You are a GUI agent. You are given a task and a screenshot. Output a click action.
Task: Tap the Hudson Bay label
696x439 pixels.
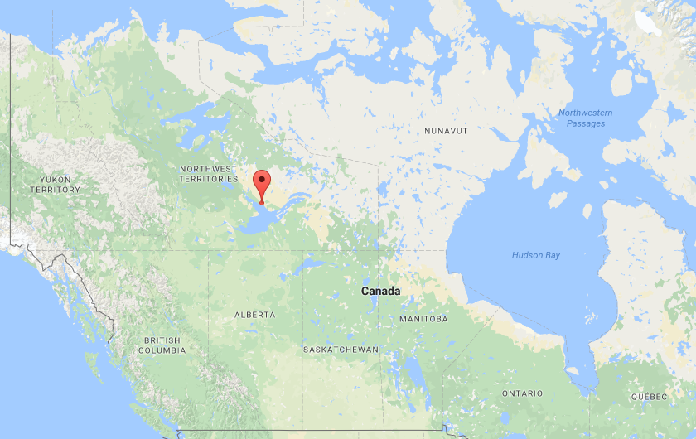point(535,255)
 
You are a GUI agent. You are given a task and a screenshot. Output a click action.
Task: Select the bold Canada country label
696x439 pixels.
point(380,292)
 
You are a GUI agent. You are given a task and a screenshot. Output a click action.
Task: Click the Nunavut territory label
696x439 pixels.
point(446,132)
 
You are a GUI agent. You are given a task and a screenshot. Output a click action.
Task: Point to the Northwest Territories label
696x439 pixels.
point(209,174)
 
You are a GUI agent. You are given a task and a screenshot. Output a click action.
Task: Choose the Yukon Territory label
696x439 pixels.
point(56,185)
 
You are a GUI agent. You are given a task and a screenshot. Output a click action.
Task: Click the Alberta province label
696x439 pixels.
point(254,316)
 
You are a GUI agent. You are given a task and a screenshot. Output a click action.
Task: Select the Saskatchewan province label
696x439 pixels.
point(341,350)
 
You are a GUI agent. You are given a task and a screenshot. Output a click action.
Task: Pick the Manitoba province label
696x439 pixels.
point(423,319)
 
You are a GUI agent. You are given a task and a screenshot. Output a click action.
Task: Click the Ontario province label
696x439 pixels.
point(522,393)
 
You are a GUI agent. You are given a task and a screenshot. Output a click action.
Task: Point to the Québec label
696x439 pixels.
point(648,397)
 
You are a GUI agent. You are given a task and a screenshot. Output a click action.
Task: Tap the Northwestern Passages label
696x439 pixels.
point(585,118)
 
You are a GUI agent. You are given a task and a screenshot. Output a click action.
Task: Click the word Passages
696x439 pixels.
point(585,124)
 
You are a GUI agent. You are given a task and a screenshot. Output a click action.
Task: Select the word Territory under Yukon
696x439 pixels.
point(56,191)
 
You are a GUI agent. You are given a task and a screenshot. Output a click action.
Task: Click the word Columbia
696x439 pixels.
point(162,351)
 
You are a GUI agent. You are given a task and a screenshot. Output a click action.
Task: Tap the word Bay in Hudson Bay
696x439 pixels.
point(551,255)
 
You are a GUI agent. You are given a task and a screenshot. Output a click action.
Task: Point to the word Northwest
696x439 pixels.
point(209,169)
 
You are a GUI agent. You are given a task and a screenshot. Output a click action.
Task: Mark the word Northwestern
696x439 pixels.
point(585,113)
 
